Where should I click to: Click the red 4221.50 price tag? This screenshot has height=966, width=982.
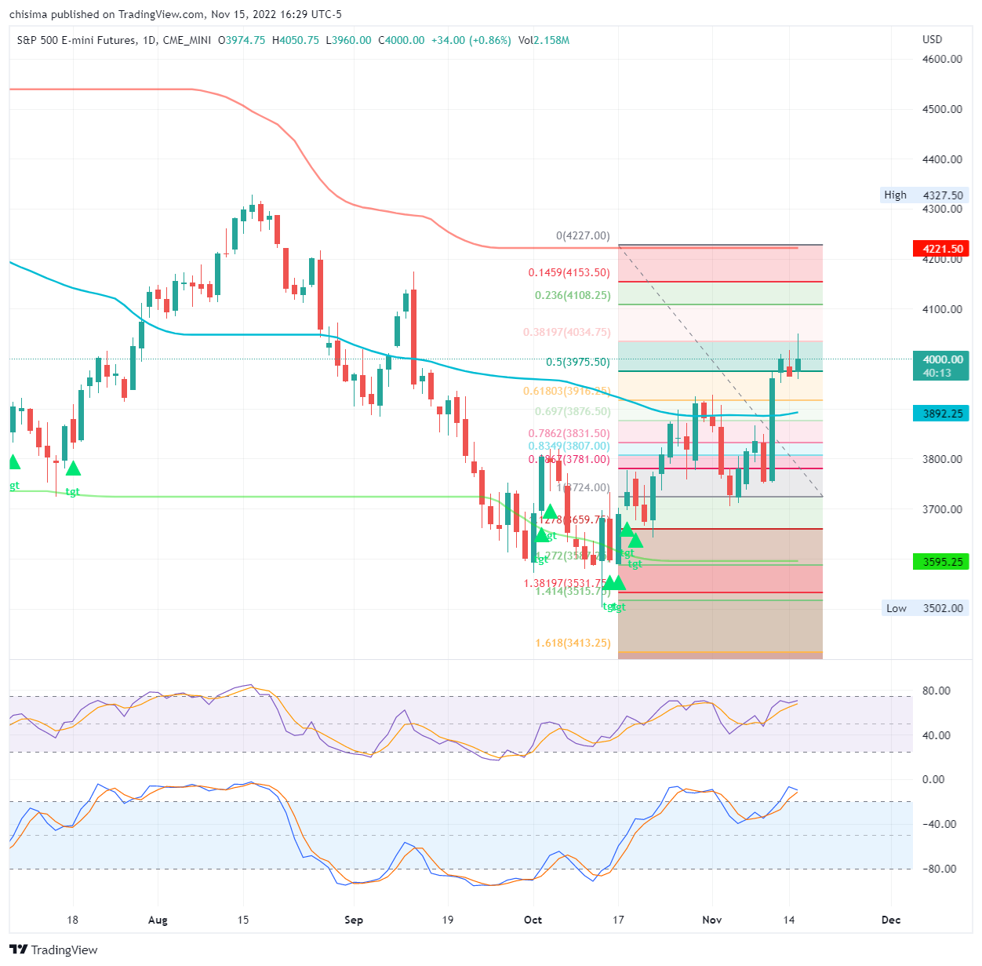point(941,249)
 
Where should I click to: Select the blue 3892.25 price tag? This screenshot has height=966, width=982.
point(941,414)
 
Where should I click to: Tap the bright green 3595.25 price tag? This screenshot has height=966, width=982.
point(941,562)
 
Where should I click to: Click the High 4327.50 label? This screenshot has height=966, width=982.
point(924,195)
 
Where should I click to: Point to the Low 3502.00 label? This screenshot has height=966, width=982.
point(924,608)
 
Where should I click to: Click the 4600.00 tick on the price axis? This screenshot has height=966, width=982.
point(942,59)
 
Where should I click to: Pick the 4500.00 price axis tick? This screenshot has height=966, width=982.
point(942,109)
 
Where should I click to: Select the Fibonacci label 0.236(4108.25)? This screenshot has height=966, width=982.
point(572,296)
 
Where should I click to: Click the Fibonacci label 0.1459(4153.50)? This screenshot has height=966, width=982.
point(569,273)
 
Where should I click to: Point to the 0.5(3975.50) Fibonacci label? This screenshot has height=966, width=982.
point(577,363)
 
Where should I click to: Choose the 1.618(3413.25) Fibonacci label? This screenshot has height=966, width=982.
point(573,643)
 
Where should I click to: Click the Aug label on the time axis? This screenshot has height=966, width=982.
point(158,920)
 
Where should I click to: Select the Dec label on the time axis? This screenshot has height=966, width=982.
point(891,920)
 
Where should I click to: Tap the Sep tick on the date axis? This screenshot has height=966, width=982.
point(354,920)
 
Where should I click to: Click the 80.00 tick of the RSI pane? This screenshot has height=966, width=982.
point(937,691)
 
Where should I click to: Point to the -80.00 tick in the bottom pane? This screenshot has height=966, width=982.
point(939,869)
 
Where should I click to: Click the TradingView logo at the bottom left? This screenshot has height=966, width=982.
point(53,950)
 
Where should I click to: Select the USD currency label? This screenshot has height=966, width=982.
point(933,39)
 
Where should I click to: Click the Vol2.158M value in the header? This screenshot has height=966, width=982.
point(544,40)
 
